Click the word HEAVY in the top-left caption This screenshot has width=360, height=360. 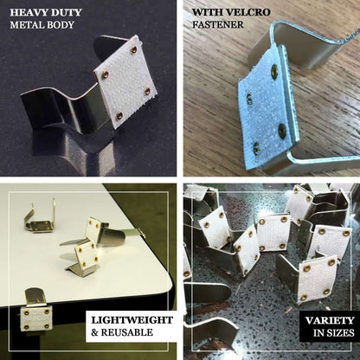coord(28,13)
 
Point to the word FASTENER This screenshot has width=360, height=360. coord(218,25)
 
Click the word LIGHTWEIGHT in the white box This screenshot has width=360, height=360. coord(132,320)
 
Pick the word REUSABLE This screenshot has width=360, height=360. coord(127,332)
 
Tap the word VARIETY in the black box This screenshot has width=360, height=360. coord(330,320)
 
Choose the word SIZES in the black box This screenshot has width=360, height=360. coord(341,333)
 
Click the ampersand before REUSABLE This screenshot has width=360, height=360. coord(94,333)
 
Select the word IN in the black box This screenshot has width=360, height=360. coord(319,333)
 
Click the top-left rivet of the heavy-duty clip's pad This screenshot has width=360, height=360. coord(106,74)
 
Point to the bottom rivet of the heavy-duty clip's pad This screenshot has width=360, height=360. coord(119,116)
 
